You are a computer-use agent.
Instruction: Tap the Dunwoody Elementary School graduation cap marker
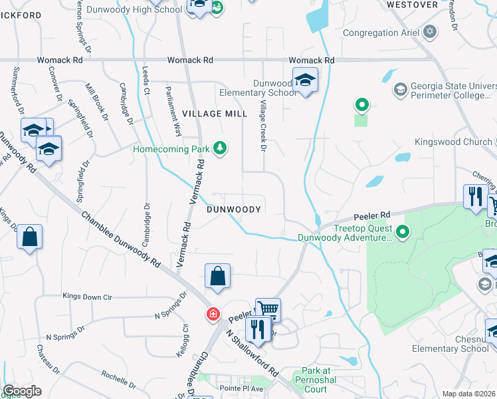305,80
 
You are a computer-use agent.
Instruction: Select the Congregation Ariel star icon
430,32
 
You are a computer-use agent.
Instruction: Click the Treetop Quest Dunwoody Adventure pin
402,233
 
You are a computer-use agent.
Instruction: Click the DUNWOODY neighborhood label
233,209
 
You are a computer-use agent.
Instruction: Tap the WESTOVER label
412,5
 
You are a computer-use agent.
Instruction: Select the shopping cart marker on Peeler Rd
268,309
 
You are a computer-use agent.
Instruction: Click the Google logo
21,391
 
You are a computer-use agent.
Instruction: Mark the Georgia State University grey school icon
400,89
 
